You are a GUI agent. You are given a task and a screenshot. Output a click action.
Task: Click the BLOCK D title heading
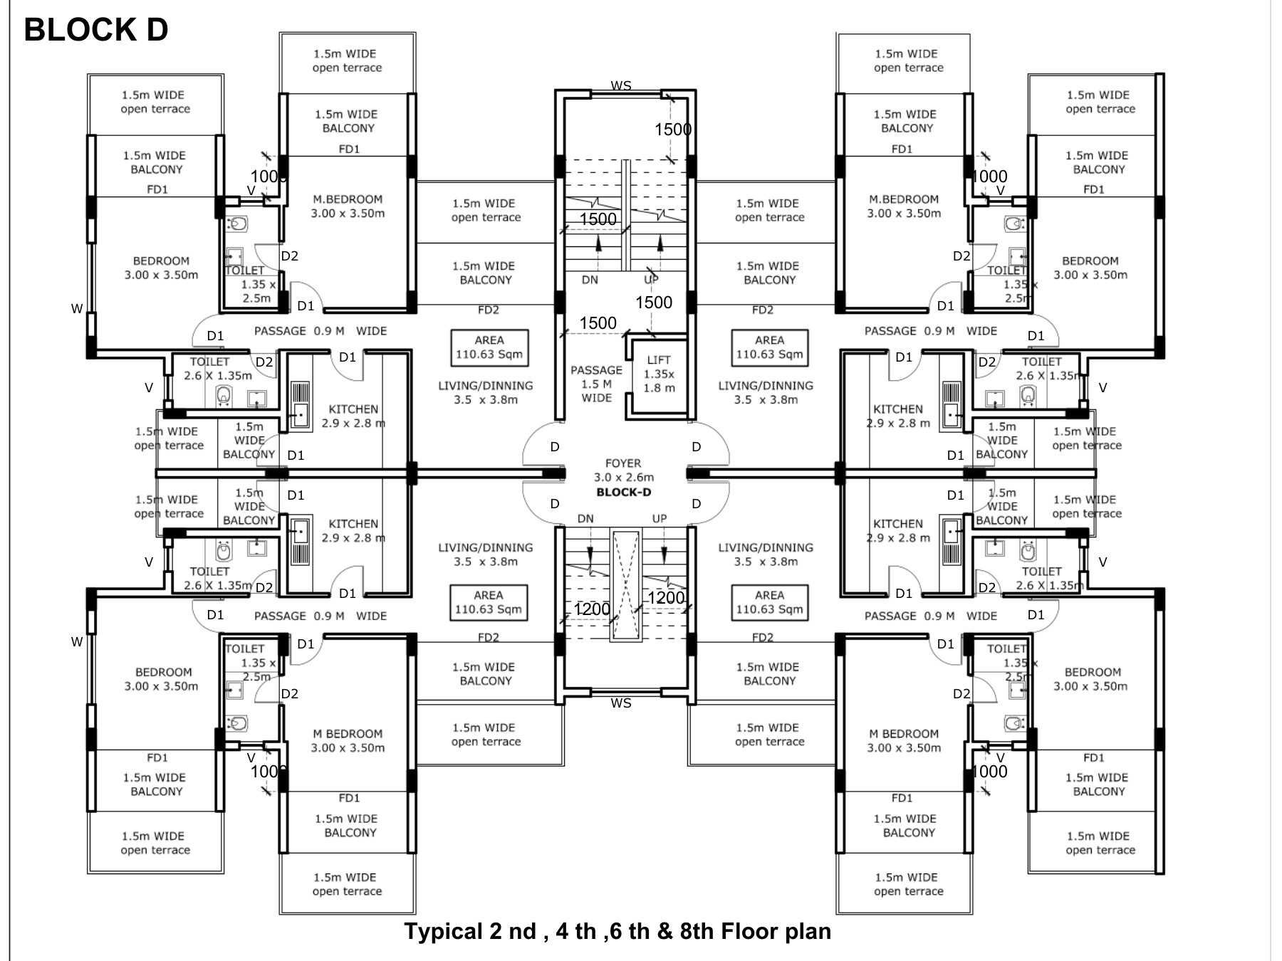[96, 30]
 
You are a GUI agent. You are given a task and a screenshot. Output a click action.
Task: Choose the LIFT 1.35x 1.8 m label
[659, 374]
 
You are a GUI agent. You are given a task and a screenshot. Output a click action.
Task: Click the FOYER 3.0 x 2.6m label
[623, 470]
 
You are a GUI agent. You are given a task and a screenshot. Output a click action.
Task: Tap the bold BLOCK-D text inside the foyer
[623, 492]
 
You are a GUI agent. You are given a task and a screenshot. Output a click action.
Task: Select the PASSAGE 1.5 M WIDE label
[596, 384]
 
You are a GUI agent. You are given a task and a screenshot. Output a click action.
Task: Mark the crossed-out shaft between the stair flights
[625, 585]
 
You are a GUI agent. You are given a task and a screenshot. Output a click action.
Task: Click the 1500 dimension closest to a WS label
[673, 130]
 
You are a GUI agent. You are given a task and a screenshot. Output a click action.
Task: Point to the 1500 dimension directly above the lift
[653, 303]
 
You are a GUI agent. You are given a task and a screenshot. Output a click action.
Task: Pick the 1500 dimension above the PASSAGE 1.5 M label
[598, 323]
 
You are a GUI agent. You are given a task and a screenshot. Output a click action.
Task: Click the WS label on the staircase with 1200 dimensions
[620, 703]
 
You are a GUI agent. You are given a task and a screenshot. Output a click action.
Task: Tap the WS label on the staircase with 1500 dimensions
[620, 86]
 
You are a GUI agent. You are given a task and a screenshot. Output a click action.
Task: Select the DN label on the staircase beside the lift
[590, 280]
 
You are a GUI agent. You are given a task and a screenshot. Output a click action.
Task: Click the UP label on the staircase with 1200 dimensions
[660, 519]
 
